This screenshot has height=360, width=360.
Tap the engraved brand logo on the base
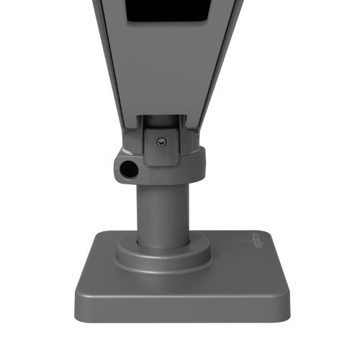click(260, 244)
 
